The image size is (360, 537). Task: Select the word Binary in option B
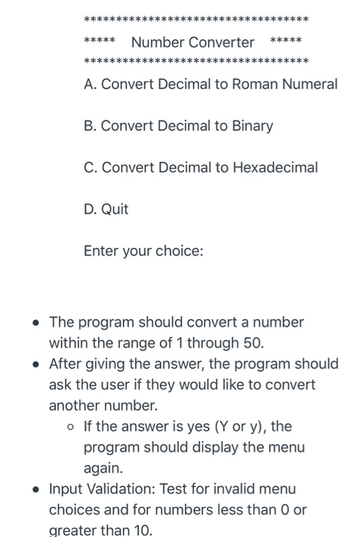pos(247,125)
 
